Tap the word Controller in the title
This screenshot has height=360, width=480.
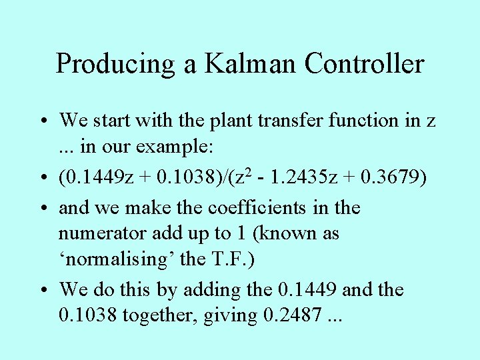pyautogui.click(x=365, y=64)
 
